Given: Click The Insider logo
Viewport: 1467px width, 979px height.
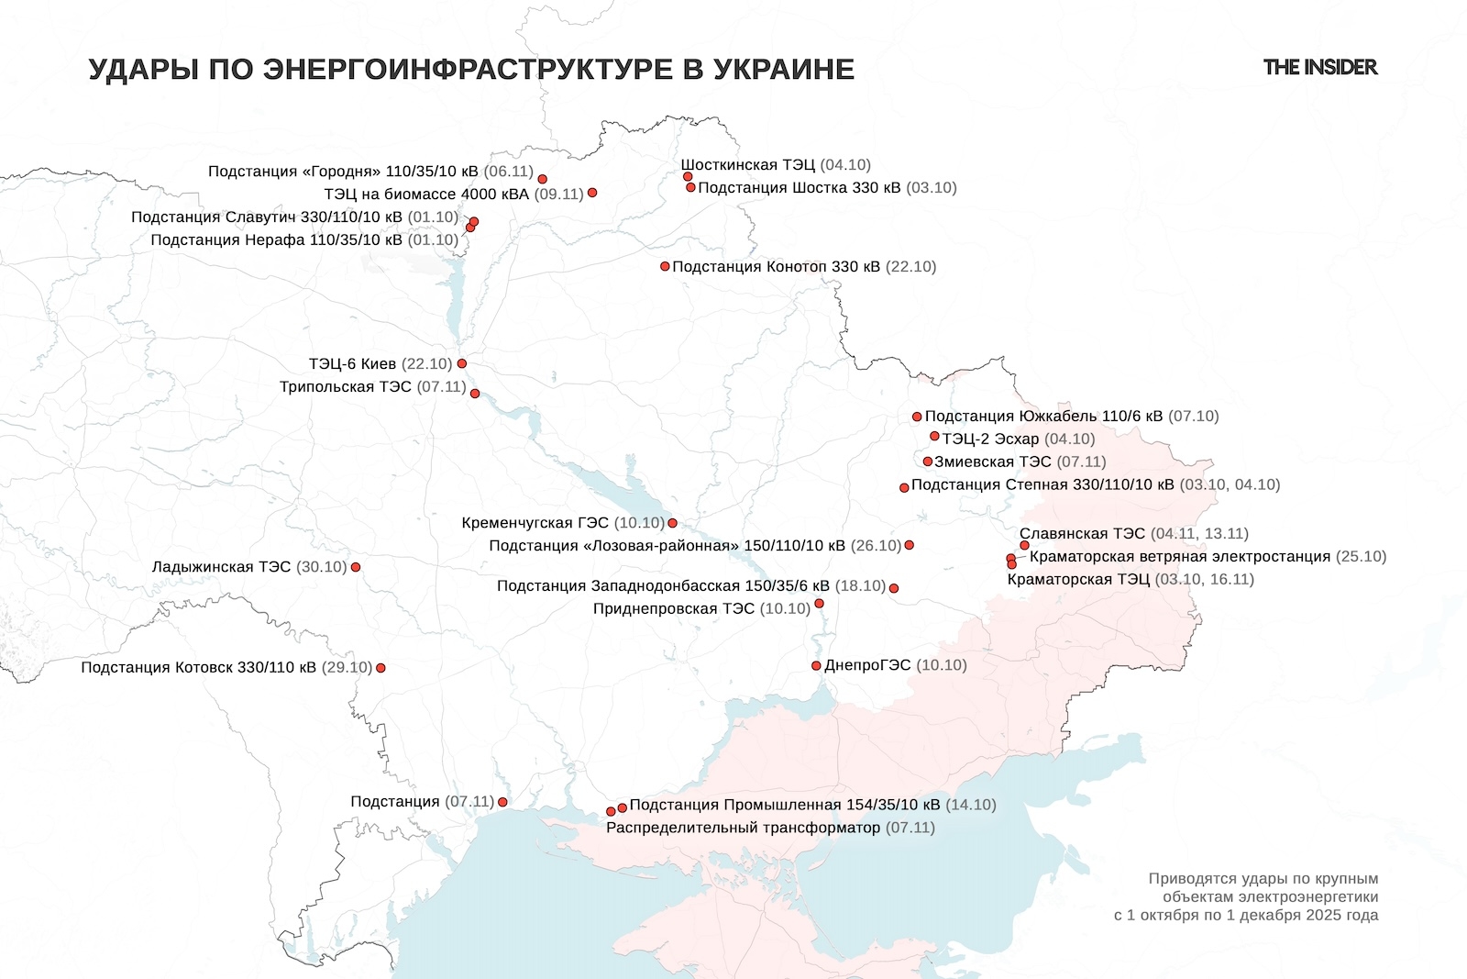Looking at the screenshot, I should click(1319, 67).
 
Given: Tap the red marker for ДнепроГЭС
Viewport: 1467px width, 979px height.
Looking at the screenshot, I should click(816, 666).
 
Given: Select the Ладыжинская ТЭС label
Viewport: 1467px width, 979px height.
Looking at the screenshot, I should click(221, 567).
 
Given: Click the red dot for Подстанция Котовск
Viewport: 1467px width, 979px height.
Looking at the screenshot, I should click(381, 668).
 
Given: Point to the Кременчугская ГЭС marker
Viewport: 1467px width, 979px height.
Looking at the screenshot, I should click(672, 523).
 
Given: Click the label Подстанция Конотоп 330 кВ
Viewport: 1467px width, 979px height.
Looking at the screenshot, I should click(776, 267).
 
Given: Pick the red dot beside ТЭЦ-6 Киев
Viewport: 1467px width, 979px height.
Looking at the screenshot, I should click(461, 363).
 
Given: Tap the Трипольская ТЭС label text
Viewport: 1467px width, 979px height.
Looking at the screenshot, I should click(346, 387).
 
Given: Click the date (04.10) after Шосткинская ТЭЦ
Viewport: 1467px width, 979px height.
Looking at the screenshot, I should click(845, 165).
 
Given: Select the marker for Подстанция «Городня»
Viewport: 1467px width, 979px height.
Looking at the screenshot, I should click(542, 179).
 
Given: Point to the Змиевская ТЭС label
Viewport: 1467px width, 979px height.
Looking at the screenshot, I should click(992, 462).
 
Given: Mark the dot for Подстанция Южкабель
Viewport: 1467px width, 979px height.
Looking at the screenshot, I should click(917, 417).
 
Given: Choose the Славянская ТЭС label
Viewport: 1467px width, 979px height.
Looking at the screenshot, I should click(1082, 534).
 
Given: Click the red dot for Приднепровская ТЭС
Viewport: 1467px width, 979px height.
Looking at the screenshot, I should click(819, 604).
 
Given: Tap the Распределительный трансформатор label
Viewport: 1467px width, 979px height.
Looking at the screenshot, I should click(743, 828).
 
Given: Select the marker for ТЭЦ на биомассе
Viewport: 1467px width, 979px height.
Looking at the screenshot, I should click(592, 193).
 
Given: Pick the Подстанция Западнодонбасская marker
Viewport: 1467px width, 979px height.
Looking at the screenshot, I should click(894, 588).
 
